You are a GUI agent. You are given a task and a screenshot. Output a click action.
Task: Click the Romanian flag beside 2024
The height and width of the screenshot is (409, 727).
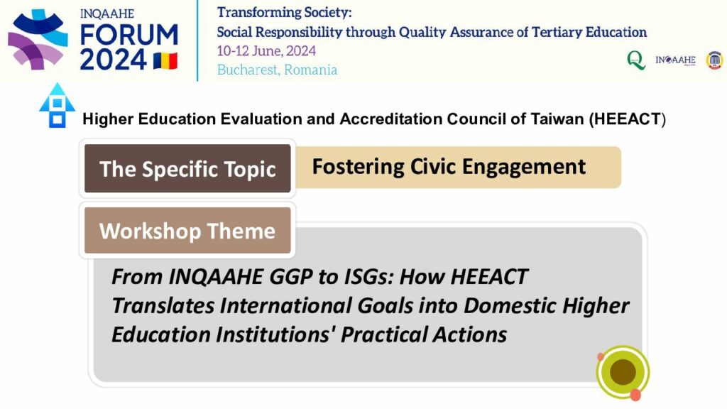point(165,61)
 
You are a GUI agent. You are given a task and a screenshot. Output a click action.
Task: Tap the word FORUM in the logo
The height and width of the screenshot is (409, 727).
point(129,36)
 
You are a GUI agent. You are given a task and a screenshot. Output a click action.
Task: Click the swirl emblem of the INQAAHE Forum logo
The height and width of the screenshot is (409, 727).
point(38,40)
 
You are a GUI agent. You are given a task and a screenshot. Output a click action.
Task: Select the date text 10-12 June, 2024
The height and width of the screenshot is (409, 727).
point(267,51)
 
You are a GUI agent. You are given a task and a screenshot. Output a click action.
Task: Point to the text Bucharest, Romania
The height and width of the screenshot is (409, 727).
point(278,70)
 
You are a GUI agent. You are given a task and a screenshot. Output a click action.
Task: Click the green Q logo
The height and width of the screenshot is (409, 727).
point(636,60)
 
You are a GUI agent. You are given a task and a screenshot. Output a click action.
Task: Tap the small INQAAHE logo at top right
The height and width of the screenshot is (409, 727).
point(675,60)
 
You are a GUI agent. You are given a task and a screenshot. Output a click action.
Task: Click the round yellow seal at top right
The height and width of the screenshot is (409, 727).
point(714,60)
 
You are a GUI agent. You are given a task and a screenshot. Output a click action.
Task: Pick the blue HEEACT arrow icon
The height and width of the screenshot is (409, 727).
point(57,105)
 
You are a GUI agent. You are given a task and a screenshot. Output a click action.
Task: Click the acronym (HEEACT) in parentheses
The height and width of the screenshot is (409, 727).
point(628,119)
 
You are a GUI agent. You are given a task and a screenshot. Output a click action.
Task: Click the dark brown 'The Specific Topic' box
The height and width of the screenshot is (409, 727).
point(187,168)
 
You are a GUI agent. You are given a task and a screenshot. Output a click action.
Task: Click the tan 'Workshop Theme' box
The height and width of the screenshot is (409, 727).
point(187,231)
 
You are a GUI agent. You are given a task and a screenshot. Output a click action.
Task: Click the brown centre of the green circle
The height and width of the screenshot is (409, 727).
point(623,371)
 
